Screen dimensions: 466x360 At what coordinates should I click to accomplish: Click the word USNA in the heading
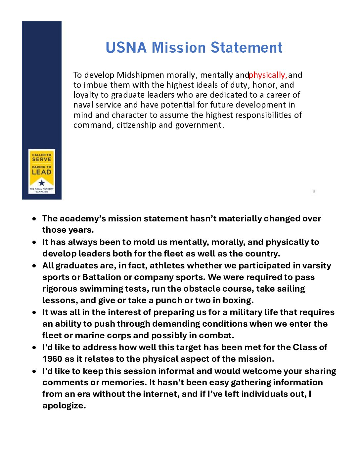[x=126, y=48]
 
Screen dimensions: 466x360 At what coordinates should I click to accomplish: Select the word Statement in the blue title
[x=247, y=48]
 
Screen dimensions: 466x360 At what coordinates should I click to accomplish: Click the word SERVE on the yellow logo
[x=42, y=160]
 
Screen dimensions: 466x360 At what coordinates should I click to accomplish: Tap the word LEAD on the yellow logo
[x=42, y=172]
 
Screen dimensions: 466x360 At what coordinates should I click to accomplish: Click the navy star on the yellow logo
[x=42, y=183]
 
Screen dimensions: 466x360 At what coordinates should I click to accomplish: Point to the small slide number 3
[x=314, y=191]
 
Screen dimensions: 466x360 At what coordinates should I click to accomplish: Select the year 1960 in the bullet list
[x=52, y=359]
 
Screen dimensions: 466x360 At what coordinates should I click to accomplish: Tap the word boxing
[x=237, y=301]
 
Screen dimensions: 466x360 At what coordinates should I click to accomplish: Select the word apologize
[x=64, y=406]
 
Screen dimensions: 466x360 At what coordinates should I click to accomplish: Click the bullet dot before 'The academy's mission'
[x=34, y=219]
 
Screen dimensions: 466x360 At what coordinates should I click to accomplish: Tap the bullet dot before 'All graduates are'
[x=34, y=266]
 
